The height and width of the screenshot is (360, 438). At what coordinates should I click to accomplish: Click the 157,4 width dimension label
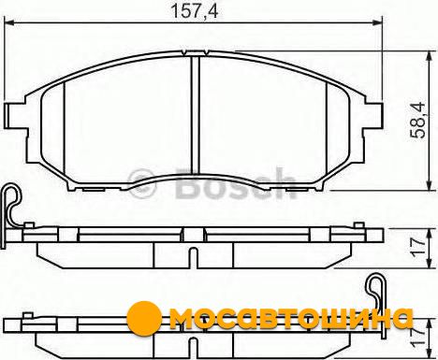pyautogui.click(x=195, y=11)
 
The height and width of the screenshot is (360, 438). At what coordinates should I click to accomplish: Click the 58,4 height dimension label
pyautogui.click(x=417, y=120)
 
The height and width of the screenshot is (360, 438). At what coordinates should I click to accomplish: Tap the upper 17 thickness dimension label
pyautogui.click(x=417, y=248)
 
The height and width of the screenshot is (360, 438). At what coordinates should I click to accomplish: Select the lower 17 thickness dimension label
pyautogui.click(x=417, y=338)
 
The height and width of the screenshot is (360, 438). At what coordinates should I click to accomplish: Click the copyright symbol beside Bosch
pyautogui.click(x=142, y=183)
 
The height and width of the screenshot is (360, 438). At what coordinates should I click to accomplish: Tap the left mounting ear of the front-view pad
pyautogui.click(x=16, y=115)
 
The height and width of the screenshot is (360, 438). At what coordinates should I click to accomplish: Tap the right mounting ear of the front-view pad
pyautogui.click(x=372, y=115)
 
